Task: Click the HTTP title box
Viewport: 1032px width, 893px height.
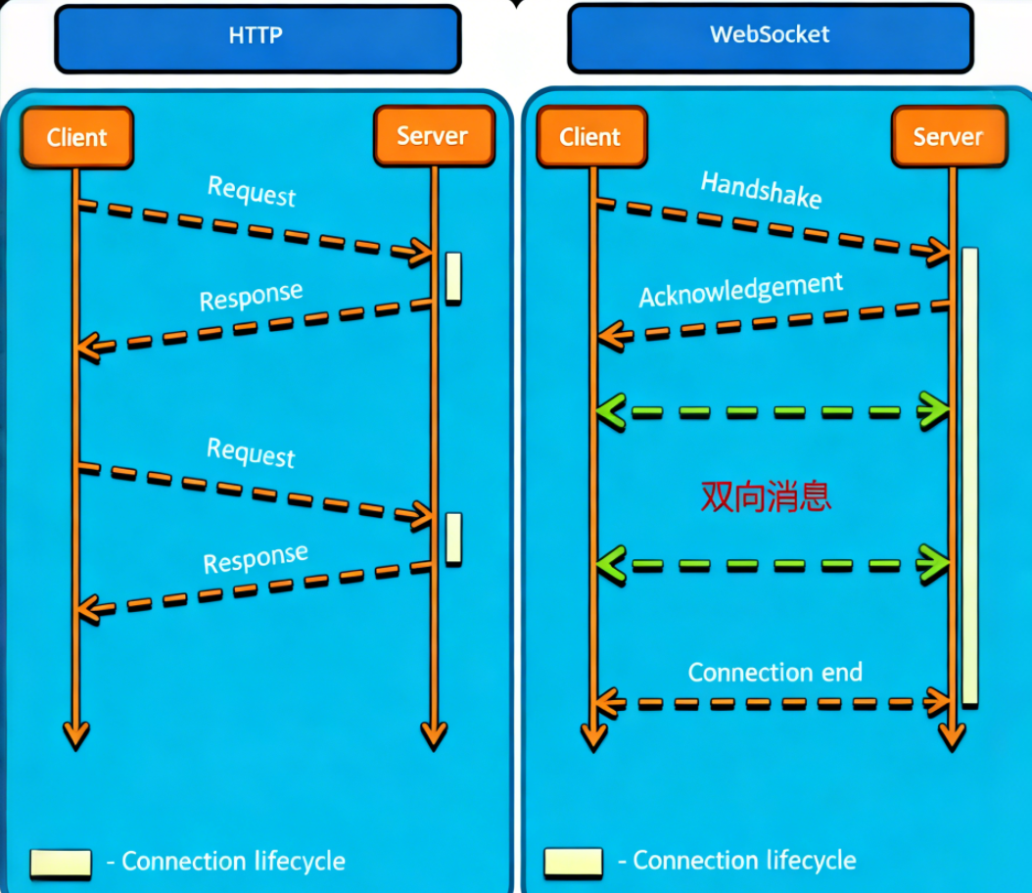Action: pos(257,38)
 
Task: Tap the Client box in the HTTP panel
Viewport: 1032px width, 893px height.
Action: pos(76,136)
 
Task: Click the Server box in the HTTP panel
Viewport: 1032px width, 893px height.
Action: pos(433,136)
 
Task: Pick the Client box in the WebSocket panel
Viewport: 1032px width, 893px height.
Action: pos(590,136)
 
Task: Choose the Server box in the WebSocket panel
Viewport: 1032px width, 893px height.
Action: pos(948,136)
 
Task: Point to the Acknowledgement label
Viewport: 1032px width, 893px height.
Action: pos(741,290)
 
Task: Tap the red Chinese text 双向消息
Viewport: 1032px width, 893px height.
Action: pos(766,496)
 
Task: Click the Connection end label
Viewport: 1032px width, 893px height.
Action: pos(774,673)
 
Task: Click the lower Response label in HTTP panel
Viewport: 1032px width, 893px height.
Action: pos(256,559)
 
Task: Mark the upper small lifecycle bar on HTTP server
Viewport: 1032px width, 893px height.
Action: pos(453,277)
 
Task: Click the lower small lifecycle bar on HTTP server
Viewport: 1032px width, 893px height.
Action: pos(453,538)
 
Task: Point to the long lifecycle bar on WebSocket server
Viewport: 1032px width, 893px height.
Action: pos(969,476)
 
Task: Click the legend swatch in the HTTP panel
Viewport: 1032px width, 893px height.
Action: pos(60,863)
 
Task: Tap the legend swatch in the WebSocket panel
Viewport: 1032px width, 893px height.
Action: pos(573,863)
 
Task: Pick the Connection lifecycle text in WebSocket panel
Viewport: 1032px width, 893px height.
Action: pos(744,861)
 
